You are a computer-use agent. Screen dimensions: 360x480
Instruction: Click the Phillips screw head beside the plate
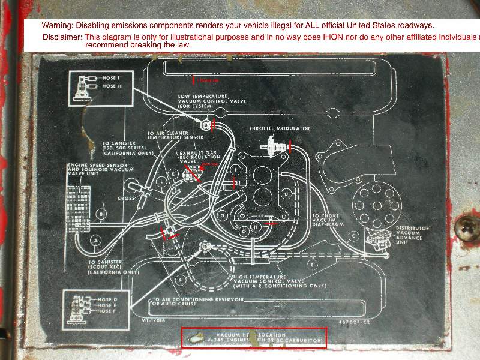(x=464, y=226)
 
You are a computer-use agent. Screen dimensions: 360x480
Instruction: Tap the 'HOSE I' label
(x=112, y=78)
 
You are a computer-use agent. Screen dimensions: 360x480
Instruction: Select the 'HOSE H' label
(x=112, y=86)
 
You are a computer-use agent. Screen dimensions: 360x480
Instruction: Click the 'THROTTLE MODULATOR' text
(x=280, y=129)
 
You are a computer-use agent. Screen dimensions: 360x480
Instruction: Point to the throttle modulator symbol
(x=275, y=145)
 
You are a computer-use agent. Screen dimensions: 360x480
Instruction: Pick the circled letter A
(x=94, y=240)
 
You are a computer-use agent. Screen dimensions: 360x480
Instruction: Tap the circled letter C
(x=353, y=236)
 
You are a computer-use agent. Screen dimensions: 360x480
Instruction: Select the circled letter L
(x=161, y=181)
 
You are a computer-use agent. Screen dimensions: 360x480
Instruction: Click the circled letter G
(x=223, y=215)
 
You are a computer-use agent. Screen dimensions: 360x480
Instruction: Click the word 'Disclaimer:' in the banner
(x=62, y=37)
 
